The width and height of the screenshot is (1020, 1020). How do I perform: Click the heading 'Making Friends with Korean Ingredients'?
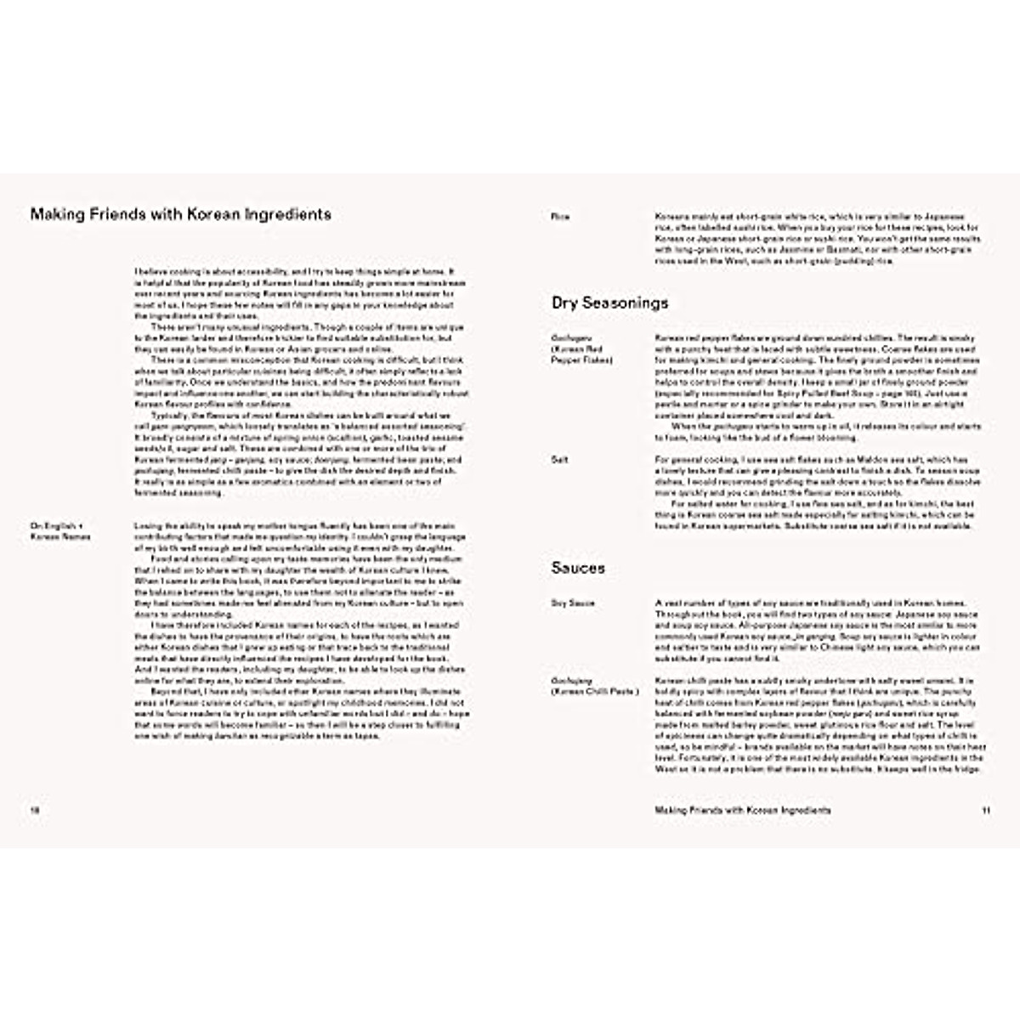[180, 214]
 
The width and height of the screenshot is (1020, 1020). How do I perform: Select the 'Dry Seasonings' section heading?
[609, 303]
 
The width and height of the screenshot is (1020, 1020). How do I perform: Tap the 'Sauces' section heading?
[578, 568]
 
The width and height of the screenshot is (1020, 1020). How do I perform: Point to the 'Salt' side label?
[559, 460]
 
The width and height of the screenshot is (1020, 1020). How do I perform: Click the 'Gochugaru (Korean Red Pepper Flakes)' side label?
[581, 348]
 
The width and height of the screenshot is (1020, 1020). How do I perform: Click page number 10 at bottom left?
[36, 810]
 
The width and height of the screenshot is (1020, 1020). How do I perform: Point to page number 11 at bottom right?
[986, 810]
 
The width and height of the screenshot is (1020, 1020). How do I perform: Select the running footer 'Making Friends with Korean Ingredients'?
[743, 810]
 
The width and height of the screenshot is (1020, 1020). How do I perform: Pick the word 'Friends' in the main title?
[110, 214]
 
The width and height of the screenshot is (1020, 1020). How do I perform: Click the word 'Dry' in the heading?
[565, 303]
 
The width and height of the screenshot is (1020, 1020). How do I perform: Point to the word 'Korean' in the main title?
[201, 214]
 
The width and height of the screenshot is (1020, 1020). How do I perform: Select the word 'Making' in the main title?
[56, 214]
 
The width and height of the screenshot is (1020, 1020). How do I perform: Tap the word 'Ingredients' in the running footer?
[806, 810]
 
